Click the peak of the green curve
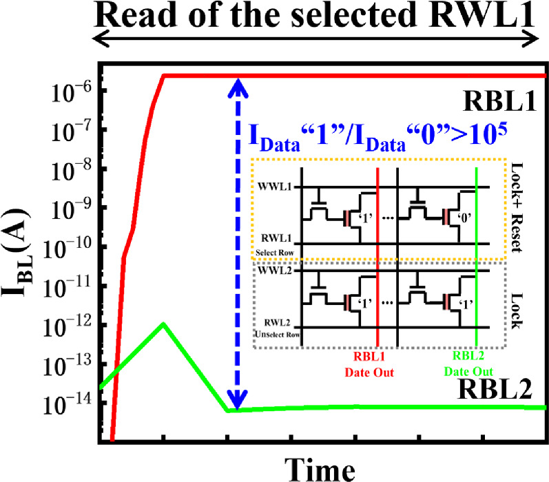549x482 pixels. pos(163,324)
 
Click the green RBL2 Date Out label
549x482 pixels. pos(476,366)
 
